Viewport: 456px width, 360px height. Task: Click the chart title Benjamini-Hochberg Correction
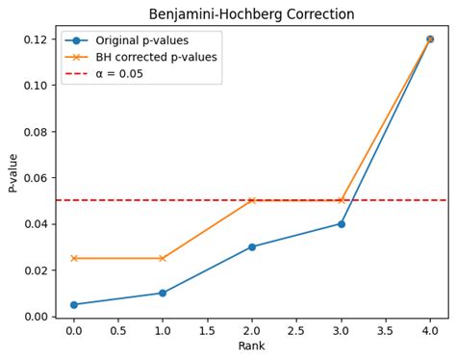251,14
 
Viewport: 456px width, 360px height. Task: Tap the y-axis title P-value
13,171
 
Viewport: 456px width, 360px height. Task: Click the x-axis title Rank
251,347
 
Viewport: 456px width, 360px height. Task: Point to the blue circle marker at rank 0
74,304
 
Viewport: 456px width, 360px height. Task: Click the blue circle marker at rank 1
163,293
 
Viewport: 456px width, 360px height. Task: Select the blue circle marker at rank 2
252,246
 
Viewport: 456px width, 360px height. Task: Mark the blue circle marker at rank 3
341,223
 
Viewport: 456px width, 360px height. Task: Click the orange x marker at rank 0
74,258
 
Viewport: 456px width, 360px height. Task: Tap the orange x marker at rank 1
163,258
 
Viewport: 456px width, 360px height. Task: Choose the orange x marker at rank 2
252,200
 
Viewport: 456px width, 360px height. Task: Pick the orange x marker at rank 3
341,200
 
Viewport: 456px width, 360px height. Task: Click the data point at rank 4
430,39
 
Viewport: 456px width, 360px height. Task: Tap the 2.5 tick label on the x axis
296,331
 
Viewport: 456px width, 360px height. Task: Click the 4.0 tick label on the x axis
430,331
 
